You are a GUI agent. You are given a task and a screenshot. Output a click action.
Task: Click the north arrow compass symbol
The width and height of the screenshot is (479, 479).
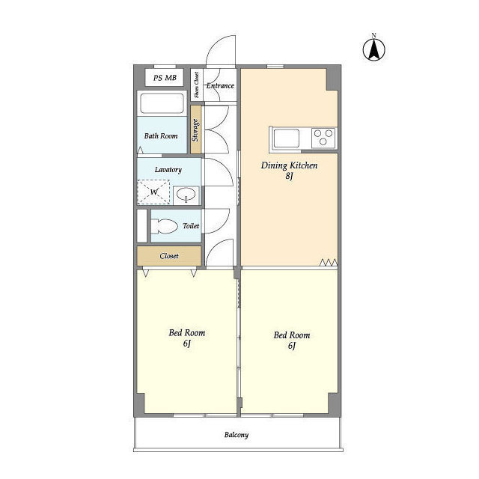point(374,49)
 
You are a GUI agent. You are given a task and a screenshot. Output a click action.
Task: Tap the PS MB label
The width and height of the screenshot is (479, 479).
point(165,78)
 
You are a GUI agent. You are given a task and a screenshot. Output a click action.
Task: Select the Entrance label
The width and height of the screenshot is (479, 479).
point(220,86)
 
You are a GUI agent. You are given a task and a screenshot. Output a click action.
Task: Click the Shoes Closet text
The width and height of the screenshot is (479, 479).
point(196,85)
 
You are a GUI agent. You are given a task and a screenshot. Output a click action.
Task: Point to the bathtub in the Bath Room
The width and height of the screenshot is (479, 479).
point(162,103)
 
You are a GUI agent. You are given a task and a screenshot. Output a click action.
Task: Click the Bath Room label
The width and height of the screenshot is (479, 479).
point(161,136)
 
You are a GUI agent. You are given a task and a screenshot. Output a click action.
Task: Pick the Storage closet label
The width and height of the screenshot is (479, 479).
point(195,130)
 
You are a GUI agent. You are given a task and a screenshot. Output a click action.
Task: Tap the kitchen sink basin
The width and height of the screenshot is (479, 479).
point(286,138)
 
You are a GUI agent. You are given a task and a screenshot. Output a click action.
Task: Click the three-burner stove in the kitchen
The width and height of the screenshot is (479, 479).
point(323,138)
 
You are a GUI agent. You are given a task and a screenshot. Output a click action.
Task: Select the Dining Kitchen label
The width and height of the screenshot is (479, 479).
point(290,165)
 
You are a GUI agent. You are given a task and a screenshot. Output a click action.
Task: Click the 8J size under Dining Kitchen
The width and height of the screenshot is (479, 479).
point(290,176)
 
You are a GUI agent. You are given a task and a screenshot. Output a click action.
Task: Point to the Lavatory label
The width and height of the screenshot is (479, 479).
point(168,170)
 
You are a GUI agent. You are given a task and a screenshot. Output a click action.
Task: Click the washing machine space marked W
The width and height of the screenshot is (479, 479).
point(153,192)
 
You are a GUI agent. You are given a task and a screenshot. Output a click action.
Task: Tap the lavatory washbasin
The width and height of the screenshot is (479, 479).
point(186,195)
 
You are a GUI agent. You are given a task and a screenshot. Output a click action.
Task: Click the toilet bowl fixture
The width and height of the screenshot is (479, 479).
point(165,226)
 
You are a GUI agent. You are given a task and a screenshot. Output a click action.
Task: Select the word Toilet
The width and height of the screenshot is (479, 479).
point(191,226)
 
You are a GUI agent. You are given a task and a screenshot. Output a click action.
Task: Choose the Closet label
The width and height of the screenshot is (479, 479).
point(169,256)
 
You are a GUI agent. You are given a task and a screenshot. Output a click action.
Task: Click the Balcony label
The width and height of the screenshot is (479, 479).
point(237,435)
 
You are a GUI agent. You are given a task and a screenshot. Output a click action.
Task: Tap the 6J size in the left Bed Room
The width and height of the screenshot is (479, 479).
point(187,344)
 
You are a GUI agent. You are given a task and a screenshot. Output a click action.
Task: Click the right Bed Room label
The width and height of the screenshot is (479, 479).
point(292,335)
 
